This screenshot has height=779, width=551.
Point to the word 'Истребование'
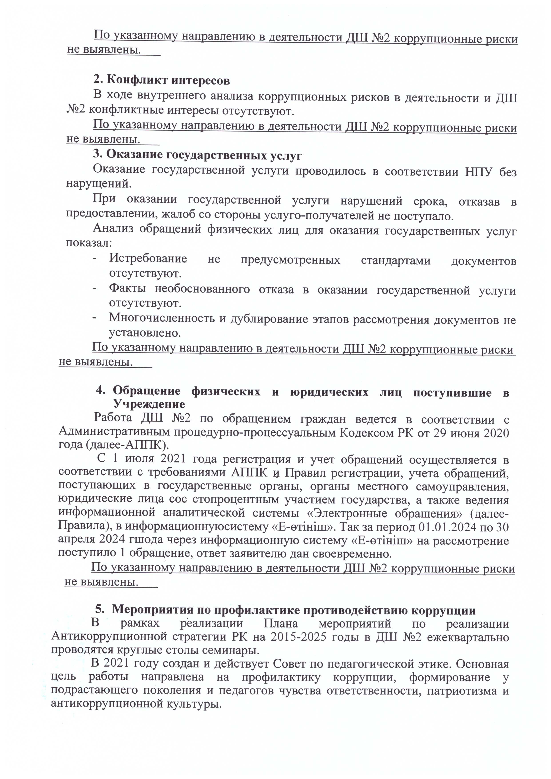click(x=148, y=259)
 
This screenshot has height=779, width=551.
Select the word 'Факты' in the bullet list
click(x=127, y=288)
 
